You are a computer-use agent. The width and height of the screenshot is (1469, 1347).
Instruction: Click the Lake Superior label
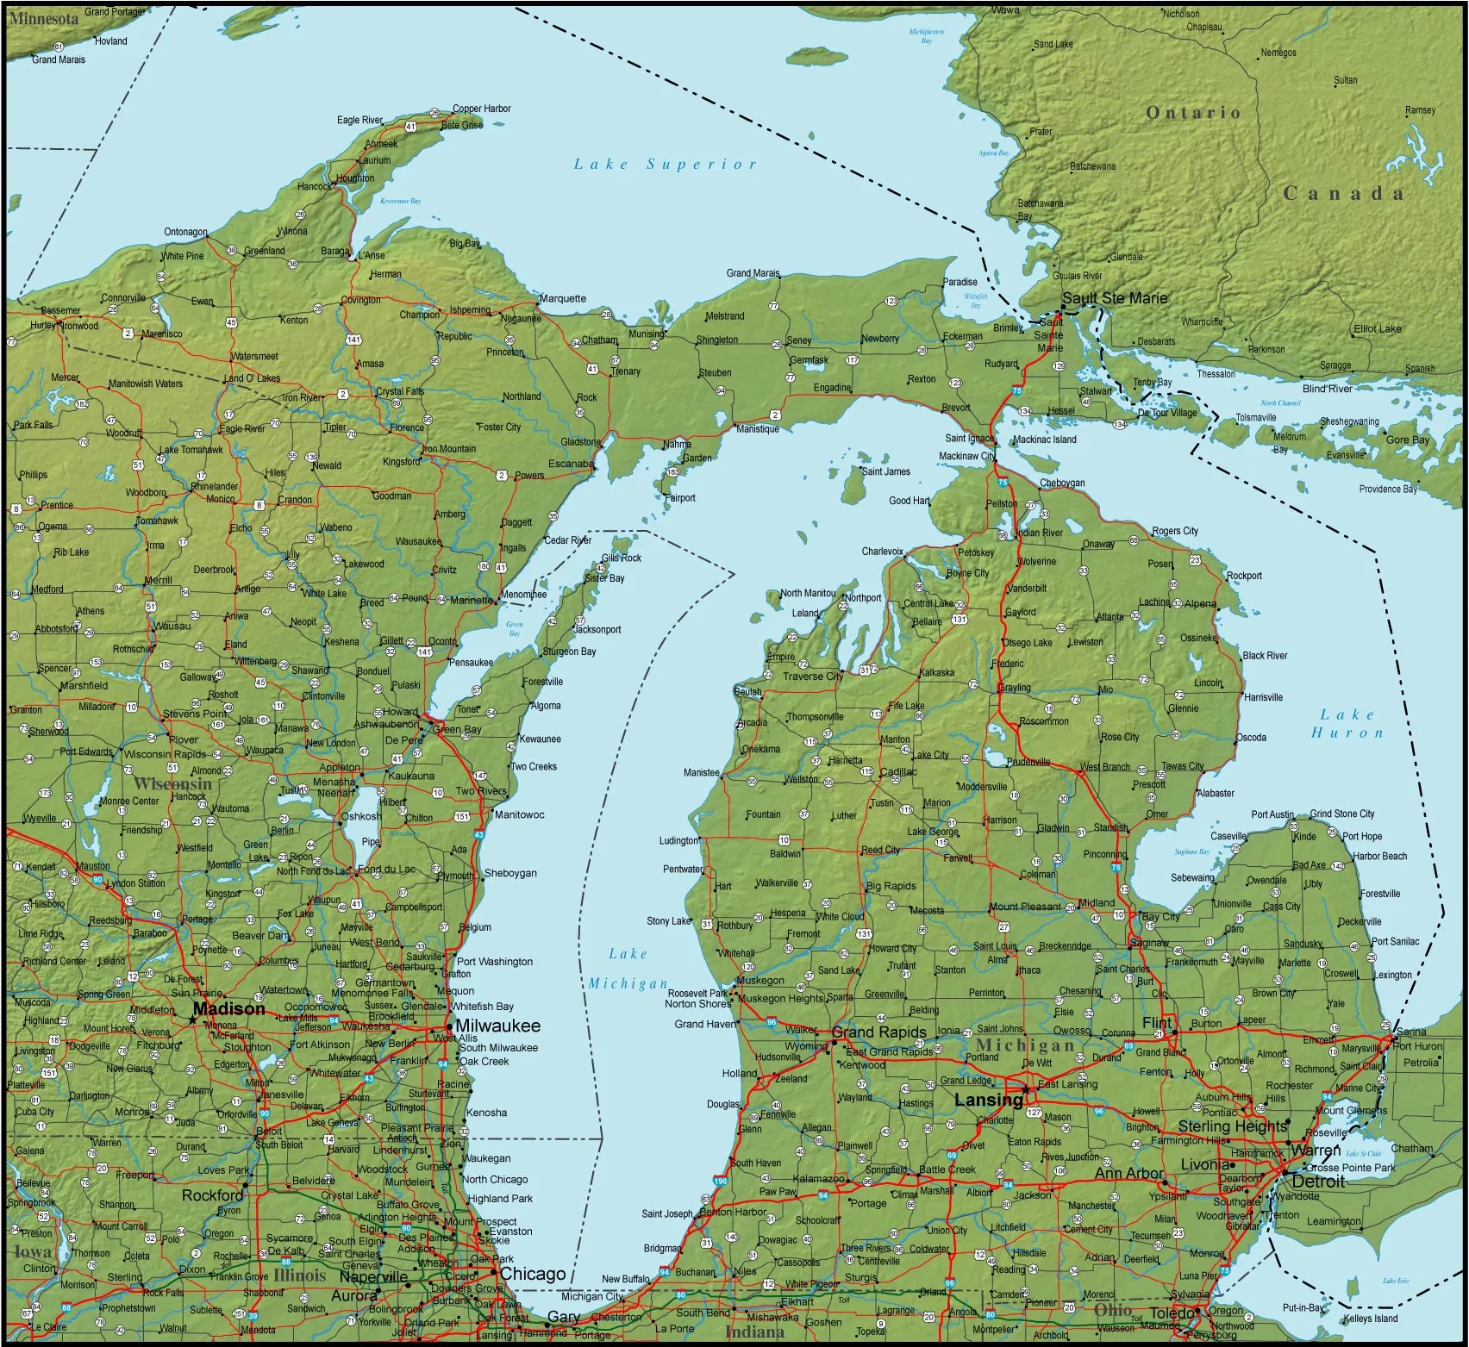pos(665,164)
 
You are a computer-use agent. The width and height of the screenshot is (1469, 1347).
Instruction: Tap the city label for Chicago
pos(533,1274)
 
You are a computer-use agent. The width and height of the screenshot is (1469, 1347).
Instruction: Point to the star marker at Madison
pos(191,1019)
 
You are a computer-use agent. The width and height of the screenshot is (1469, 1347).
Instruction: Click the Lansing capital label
pos(988,1100)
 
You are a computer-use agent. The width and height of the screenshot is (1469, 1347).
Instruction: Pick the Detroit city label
pos(1318,1182)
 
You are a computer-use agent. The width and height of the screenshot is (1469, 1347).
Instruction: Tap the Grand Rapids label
pos(878,1032)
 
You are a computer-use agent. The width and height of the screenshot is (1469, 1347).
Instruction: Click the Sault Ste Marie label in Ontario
pos(1114,298)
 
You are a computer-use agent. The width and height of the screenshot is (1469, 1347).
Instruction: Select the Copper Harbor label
pos(481,109)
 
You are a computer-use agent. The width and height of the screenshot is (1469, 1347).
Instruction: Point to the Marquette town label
pos(563,298)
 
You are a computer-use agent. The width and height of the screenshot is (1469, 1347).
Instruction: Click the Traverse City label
pos(812,677)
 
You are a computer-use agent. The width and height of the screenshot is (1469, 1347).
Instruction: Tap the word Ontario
pos(1192,113)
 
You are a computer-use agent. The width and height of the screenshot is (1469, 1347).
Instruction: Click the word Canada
pos(1343,193)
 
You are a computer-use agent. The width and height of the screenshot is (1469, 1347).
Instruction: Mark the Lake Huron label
pos(1347,723)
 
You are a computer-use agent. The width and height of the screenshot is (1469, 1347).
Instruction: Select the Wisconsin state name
pos(172,783)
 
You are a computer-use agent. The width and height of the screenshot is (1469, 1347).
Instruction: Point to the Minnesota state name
pos(43,18)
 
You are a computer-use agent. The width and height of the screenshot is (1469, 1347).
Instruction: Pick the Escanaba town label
pos(571,464)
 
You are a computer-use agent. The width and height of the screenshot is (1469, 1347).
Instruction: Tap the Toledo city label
pos(1173,1313)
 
